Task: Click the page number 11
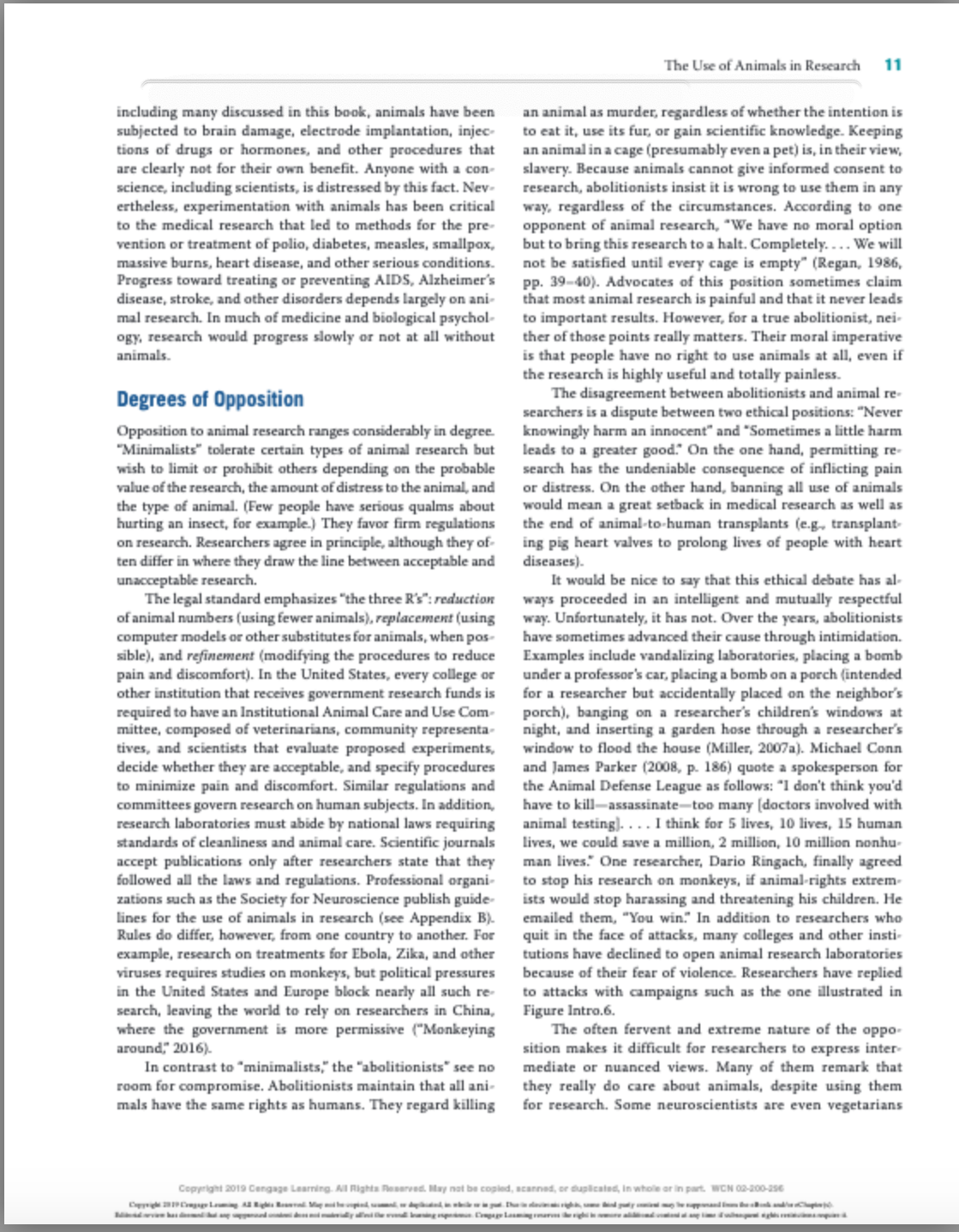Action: tap(892, 65)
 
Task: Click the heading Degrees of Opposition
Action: tap(210, 400)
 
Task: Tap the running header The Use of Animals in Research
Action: tap(761, 65)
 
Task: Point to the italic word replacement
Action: tap(414, 618)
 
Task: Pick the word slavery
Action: tap(545, 169)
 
